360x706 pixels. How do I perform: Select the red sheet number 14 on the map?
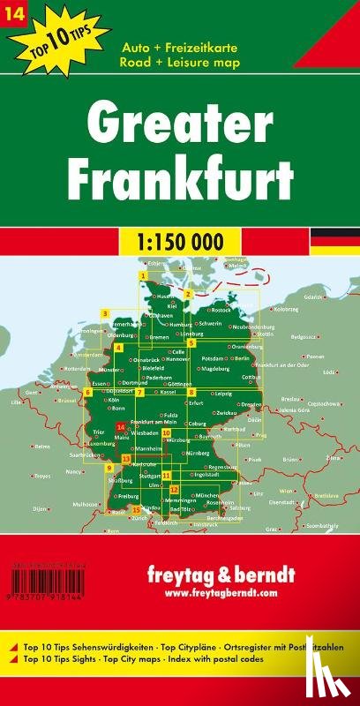pos(120,427)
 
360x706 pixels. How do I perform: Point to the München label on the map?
pos(208,496)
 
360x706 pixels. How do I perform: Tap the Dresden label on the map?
pos(251,404)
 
